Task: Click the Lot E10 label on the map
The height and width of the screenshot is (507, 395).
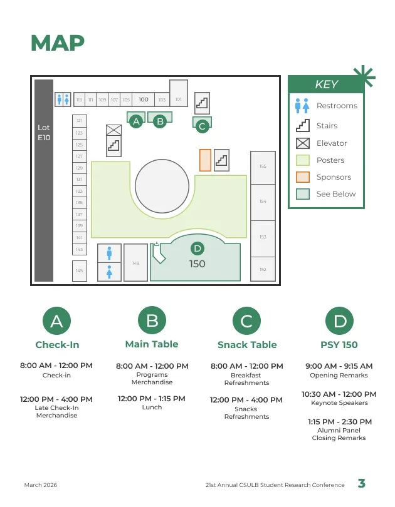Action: [44, 132]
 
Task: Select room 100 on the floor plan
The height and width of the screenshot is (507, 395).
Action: [144, 100]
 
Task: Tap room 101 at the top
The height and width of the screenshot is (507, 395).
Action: [179, 99]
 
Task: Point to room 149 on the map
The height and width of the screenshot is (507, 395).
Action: [135, 263]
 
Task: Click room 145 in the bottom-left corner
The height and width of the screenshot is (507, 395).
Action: [79, 271]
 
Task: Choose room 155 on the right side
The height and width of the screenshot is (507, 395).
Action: [263, 167]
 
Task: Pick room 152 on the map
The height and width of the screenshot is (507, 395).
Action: [263, 270]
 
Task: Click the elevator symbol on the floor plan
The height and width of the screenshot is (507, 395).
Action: [113, 130]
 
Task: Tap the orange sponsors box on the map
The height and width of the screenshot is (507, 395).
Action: [205, 160]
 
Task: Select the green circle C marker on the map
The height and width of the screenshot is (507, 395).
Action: [202, 126]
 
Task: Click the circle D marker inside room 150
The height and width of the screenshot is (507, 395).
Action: [196, 248]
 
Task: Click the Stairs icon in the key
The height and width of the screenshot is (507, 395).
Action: [303, 126]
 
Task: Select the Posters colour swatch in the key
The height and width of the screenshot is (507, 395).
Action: [303, 160]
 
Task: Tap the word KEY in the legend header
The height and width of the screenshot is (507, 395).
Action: [326, 85]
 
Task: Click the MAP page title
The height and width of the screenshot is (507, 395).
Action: [58, 43]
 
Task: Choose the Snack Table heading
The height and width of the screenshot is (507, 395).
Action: [247, 345]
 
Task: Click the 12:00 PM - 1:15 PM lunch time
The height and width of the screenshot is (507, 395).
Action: [152, 399]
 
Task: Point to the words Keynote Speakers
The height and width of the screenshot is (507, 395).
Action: [339, 403]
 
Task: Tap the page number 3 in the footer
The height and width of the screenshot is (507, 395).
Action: [362, 483]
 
